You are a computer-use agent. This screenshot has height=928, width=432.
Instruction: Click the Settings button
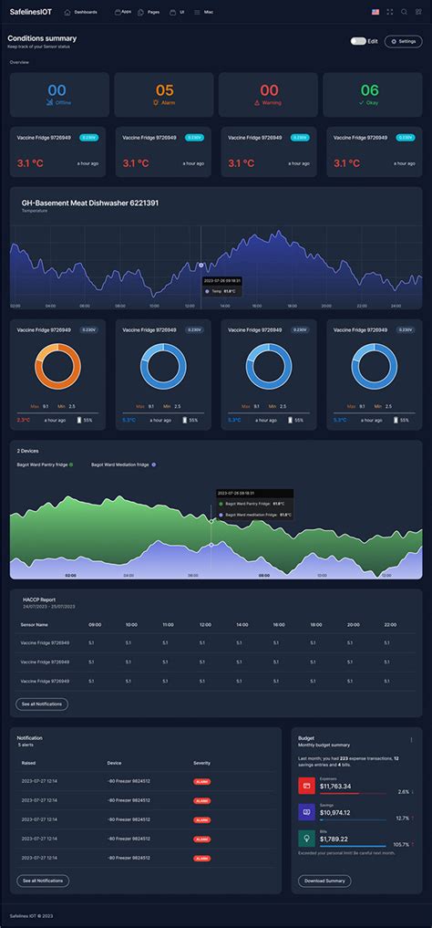coord(403,41)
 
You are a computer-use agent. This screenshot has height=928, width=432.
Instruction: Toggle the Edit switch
coord(358,41)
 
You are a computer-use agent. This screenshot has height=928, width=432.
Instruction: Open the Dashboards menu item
coord(81,12)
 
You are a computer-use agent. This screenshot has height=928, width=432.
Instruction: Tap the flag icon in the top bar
coord(375,12)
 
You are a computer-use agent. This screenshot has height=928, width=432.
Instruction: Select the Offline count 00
coord(57,90)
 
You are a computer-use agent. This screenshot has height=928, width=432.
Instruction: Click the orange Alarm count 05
coord(164,90)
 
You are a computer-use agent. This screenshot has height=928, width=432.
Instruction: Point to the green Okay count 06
coord(369,90)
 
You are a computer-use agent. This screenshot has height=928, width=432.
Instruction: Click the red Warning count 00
coord(269,90)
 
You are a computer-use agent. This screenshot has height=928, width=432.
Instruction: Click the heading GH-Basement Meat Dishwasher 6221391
coord(90,203)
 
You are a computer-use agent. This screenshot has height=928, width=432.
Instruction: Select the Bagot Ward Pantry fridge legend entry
coord(45,464)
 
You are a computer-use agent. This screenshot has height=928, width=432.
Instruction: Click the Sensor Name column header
coord(34,625)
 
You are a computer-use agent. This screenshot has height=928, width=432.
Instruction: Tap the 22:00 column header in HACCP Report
coord(390,625)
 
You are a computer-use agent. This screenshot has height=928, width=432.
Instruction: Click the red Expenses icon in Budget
coord(306,786)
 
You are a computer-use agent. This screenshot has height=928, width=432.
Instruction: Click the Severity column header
coord(201,763)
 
